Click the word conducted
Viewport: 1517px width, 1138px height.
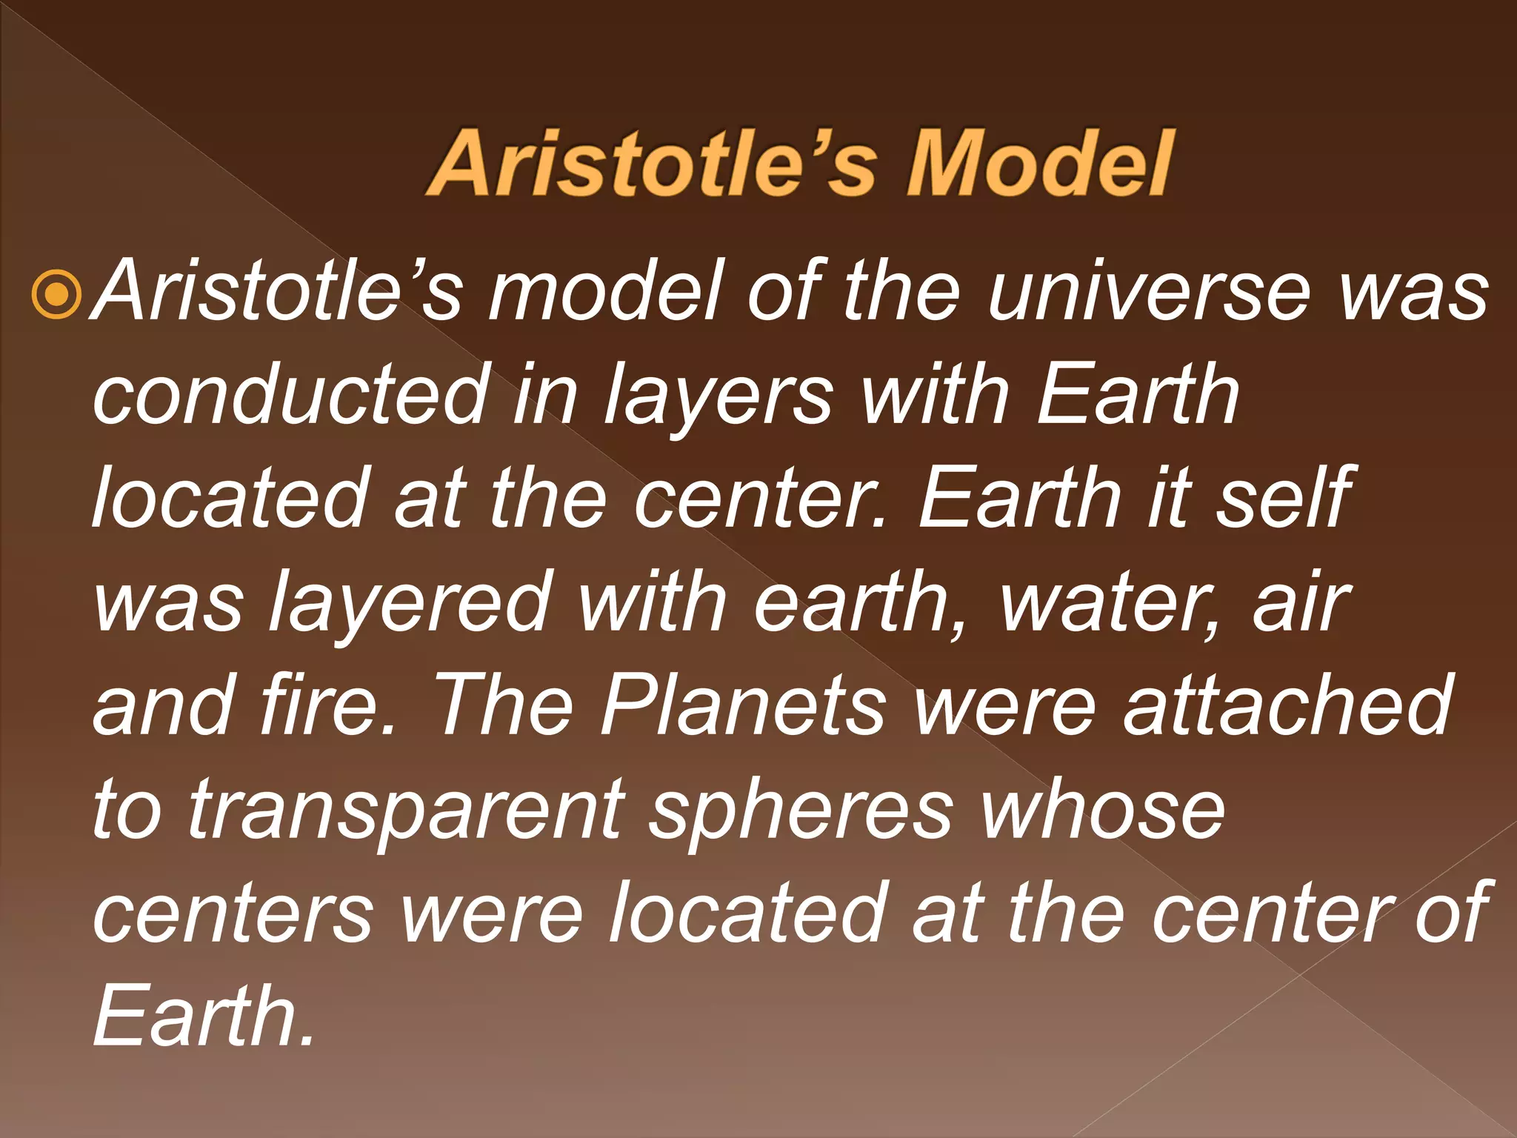click(x=292, y=394)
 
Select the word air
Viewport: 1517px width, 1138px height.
click(x=1301, y=602)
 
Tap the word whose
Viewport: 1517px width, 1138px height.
click(x=1103, y=809)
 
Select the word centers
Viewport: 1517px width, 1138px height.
click(x=234, y=913)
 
